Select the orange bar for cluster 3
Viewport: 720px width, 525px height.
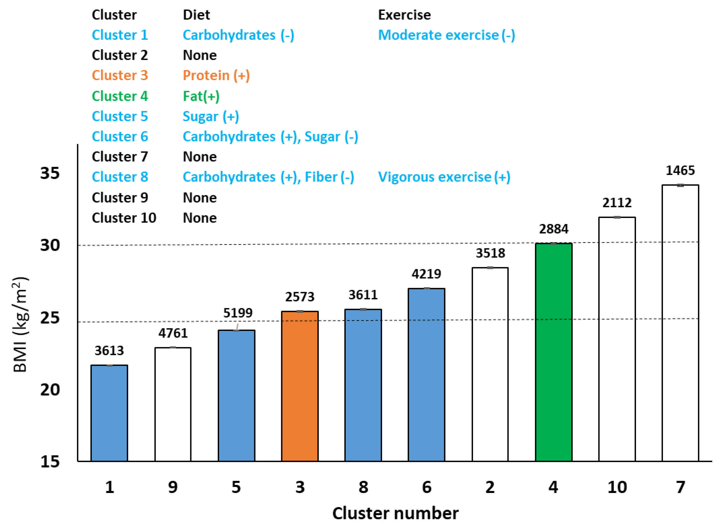[x=300, y=386]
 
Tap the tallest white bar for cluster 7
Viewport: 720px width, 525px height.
[x=680, y=323]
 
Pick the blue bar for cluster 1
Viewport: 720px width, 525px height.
[x=109, y=413]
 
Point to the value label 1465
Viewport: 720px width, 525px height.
[x=680, y=171]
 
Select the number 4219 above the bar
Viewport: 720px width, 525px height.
[x=426, y=274]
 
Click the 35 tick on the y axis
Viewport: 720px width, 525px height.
[x=50, y=173]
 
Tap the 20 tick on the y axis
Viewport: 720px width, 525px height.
[x=50, y=390]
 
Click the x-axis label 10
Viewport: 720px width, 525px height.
[x=617, y=487]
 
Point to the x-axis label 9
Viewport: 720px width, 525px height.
[x=173, y=487]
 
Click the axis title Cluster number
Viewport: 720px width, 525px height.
[x=395, y=514]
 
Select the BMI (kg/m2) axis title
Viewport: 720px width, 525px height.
[x=20, y=324]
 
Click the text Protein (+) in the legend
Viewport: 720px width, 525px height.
[x=216, y=76]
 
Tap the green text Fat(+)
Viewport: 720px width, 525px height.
[x=201, y=96]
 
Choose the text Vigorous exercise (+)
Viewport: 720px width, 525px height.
[x=444, y=177]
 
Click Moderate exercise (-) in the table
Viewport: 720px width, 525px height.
[x=446, y=35]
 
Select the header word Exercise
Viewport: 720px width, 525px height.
[x=404, y=15]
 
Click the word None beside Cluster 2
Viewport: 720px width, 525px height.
[x=200, y=55]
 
